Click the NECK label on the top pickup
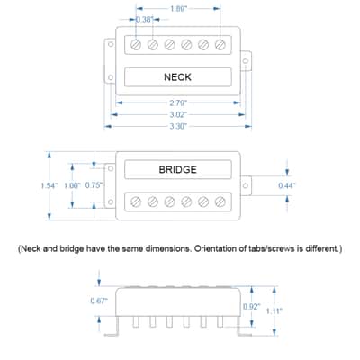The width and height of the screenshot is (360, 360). click(177, 77)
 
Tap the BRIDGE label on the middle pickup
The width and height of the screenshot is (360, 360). click(177, 169)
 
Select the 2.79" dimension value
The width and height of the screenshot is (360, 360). click(178, 103)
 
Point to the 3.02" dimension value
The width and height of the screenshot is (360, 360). click(178, 114)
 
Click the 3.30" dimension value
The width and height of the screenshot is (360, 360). click(178, 126)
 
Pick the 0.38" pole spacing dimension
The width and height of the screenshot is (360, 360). click(145, 20)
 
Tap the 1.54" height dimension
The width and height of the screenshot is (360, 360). click(49, 185)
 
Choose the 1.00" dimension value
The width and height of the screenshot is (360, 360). click(72, 185)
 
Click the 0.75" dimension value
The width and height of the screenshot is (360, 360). click(94, 185)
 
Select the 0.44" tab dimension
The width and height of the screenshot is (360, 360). click(287, 185)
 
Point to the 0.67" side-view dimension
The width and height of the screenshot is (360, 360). click(99, 301)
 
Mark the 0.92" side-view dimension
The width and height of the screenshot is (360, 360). click(252, 307)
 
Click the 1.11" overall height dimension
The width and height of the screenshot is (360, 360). click(274, 310)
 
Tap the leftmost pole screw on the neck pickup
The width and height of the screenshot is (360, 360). click(136, 45)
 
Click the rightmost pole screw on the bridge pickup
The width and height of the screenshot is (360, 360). click(220, 202)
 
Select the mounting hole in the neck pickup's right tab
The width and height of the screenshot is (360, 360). click(246, 61)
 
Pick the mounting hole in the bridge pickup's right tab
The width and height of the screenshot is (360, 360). click(246, 185)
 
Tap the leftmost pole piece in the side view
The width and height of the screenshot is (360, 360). click(136, 322)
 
